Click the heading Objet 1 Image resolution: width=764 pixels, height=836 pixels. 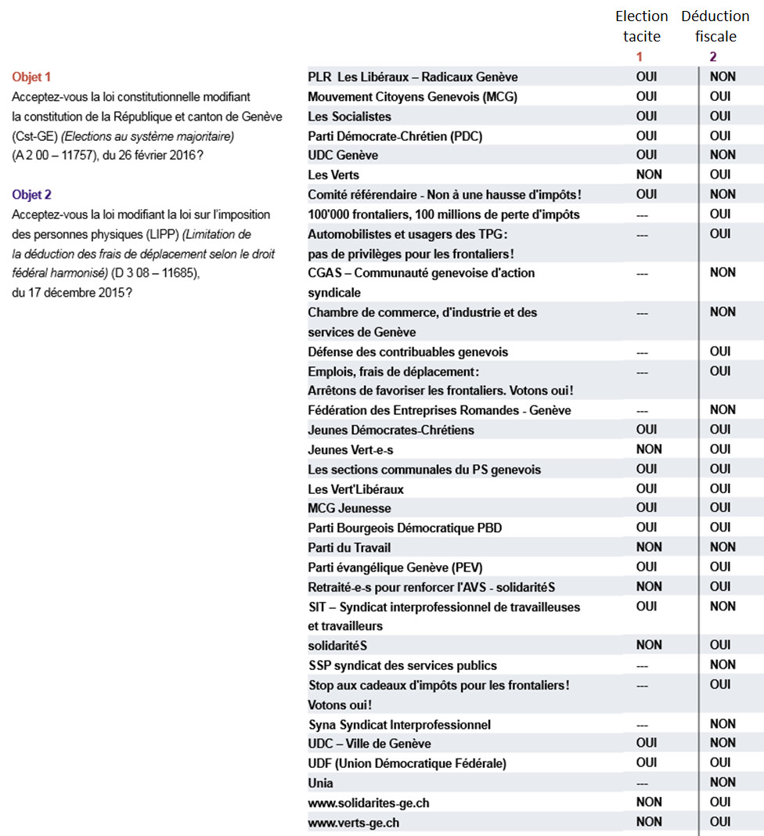pyautogui.click(x=31, y=77)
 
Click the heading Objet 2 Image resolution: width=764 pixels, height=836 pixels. pyautogui.click(x=31, y=194)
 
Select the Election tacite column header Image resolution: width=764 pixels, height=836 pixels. pyautogui.click(x=642, y=26)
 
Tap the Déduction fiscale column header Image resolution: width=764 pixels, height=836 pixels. pyautogui.click(x=715, y=26)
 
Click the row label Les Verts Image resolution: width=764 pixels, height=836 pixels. pyautogui.click(x=333, y=175)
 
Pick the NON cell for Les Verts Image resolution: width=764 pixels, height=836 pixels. pyautogui.click(x=648, y=175)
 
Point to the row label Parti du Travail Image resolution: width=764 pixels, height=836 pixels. pyautogui.click(x=349, y=547)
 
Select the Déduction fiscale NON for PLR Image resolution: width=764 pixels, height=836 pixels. pyautogui.click(x=723, y=77)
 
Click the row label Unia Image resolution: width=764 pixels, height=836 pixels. pyautogui.click(x=321, y=783)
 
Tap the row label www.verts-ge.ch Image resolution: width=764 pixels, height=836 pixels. pyautogui.click(x=354, y=822)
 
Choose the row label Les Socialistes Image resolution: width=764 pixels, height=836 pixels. pyautogui.click(x=349, y=116)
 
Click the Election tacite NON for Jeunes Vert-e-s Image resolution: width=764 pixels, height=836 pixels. pyautogui.click(x=648, y=449)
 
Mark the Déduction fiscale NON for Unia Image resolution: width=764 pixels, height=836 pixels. pyautogui.click(x=723, y=782)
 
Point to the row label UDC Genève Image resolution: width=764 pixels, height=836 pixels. pyautogui.click(x=343, y=155)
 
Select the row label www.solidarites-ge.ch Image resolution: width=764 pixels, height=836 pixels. pyautogui.click(x=369, y=802)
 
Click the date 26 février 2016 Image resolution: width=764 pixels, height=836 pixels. pyautogui.click(x=153, y=155)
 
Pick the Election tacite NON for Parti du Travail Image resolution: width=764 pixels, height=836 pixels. pyautogui.click(x=648, y=547)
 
